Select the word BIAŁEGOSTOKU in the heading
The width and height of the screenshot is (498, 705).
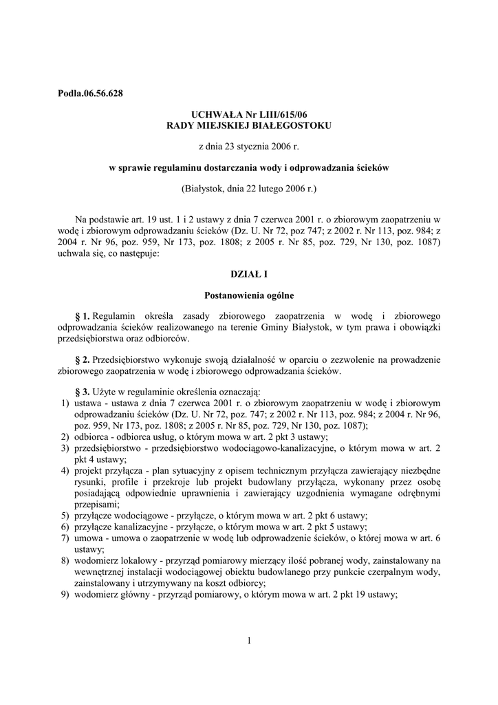[296, 125]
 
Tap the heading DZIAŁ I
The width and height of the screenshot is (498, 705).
[248, 275]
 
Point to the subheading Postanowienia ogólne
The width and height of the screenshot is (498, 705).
[248, 296]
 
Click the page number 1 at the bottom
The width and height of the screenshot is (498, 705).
[248, 642]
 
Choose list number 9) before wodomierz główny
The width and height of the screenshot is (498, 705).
[64, 594]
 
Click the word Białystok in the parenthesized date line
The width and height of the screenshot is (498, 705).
[205, 188]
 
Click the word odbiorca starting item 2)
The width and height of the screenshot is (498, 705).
[94, 437]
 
